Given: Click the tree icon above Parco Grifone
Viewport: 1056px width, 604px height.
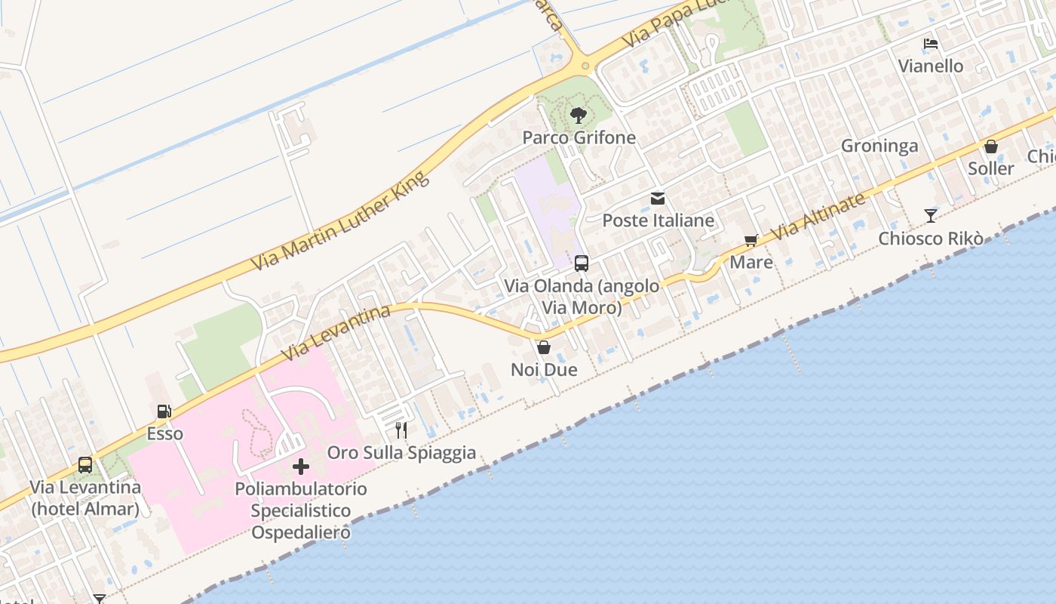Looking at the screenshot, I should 579,116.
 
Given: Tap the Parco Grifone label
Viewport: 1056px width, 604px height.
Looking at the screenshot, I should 580,137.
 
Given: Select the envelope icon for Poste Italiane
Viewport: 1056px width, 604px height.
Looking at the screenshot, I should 658,199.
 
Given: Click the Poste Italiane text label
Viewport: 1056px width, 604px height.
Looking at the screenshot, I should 658,220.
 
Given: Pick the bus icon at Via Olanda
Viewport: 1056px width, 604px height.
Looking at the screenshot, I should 582,263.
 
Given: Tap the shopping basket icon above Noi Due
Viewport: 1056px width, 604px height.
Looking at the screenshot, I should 543,347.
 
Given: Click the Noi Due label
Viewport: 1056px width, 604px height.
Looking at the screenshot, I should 544,369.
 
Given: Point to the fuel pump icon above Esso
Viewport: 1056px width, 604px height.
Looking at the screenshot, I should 164,411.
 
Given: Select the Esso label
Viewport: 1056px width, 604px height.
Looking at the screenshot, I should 164,433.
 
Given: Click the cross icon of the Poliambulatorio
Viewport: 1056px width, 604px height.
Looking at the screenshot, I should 300,467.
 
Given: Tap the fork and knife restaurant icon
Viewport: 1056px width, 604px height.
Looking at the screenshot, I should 401,430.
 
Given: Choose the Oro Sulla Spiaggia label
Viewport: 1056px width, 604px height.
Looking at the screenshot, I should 401,452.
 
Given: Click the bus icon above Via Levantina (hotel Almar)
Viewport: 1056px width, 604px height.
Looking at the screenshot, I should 85,465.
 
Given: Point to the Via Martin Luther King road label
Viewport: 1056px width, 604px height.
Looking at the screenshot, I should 340,221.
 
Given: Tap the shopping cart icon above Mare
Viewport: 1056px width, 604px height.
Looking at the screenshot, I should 751,240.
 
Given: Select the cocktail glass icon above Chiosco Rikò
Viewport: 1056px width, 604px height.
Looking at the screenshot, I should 931,216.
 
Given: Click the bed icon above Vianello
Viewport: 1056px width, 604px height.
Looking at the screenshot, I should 931,44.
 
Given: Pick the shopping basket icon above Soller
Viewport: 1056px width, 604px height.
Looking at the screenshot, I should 991,146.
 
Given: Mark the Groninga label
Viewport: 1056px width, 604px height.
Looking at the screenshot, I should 879,146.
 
